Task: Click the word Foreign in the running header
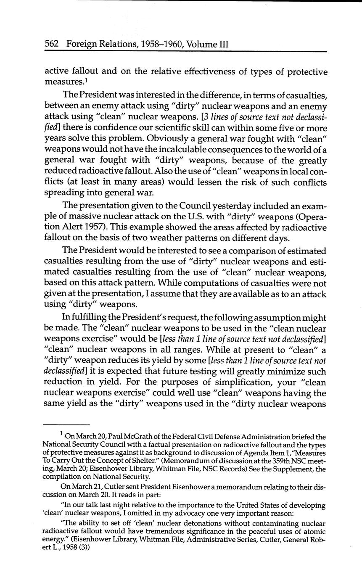[x=83, y=43]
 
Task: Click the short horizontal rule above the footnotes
[x=67, y=424]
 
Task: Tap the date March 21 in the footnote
[x=88, y=486]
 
